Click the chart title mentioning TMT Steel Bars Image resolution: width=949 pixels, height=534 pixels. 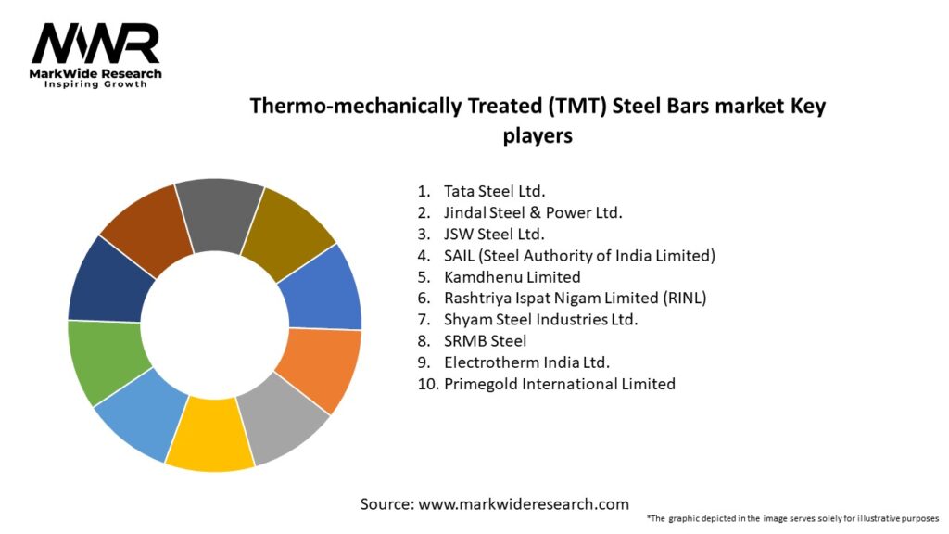(x=538, y=120)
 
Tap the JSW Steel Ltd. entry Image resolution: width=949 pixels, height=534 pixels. (x=494, y=234)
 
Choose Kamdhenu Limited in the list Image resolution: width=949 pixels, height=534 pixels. (x=512, y=276)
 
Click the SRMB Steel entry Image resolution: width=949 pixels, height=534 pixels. (x=485, y=340)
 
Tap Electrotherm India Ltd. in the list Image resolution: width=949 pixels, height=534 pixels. (x=526, y=362)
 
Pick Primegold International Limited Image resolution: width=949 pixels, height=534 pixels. (x=559, y=383)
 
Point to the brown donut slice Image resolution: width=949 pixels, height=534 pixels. (x=145, y=228)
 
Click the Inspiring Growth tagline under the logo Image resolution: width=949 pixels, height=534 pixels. (x=95, y=84)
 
